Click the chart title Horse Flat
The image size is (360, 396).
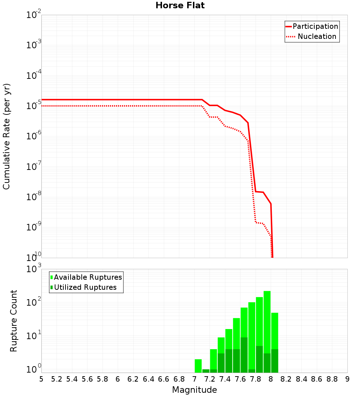pos(180,6)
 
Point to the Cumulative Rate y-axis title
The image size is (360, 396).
pos(6,136)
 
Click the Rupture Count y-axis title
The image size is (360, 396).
pos(14,320)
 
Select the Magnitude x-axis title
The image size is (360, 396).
pos(194,390)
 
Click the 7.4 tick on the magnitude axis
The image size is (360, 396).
pos(225,379)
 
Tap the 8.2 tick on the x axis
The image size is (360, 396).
pos(286,379)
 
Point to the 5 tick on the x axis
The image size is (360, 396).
pos(41,379)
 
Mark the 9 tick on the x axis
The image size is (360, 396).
pos(347,379)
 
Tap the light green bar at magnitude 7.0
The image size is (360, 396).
pos(198,365)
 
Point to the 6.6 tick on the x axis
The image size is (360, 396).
pos(164,379)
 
